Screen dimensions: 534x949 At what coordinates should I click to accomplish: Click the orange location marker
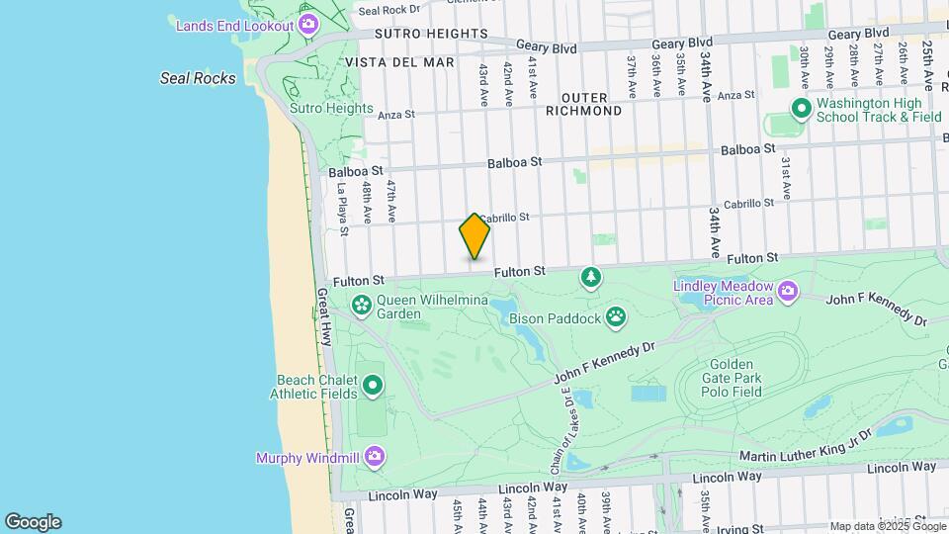click(x=474, y=236)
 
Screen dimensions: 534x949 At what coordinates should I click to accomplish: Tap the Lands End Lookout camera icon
click(x=308, y=24)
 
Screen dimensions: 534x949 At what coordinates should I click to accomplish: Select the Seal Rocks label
click(x=198, y=78)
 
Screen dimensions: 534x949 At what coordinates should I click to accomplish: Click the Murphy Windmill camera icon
click(x=374, y=456)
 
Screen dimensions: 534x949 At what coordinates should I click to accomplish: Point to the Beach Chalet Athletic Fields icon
click(x=373, y=385)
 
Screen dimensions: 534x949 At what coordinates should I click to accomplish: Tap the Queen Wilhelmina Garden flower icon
click(x=361, y=305)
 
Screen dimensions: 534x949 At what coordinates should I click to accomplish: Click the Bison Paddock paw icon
click(x=617, y=316)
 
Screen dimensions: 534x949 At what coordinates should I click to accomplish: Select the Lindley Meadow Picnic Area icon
click(x=788, y=290)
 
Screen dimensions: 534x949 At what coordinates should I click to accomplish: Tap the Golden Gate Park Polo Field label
click(x=733, y=377)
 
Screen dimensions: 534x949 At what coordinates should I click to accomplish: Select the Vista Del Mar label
click(x=399, y=62)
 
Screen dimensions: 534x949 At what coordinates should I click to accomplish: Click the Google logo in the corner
click(x=33, y=522)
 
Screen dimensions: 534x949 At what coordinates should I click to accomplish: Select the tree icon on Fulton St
click(x=591, y=278)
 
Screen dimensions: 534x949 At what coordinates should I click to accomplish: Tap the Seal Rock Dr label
click(x=384, y=11)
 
